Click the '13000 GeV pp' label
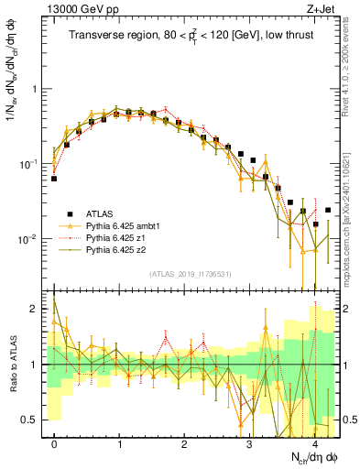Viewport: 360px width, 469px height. [x=77, y=10]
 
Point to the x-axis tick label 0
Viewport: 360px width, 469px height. [x=55, y=443]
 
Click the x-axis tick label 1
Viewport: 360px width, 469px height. [x=120, y=443]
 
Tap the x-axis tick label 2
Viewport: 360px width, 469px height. [x=185, y=443]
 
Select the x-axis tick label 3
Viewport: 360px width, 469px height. [x=249, y=443]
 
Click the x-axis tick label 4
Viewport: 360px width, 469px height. [x=314, y=443]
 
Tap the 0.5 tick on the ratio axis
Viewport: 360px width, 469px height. [x=32, y=420]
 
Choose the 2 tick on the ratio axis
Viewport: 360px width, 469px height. [x=37, y=309]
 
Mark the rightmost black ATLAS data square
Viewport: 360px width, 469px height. [x=328, y=210]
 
